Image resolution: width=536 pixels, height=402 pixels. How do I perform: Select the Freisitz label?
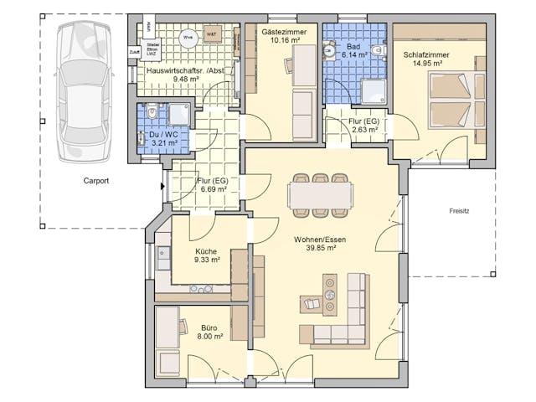coord(459,211)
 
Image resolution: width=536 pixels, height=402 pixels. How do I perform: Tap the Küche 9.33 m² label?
coord(207,255)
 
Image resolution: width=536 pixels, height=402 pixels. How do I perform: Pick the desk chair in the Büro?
coord(182,327)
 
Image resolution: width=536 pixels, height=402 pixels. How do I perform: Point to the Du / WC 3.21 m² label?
coord(163,138)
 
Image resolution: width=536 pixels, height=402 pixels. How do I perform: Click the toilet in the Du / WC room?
coord(152,112)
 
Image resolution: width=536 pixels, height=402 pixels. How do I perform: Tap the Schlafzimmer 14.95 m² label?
coord(427,59)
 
